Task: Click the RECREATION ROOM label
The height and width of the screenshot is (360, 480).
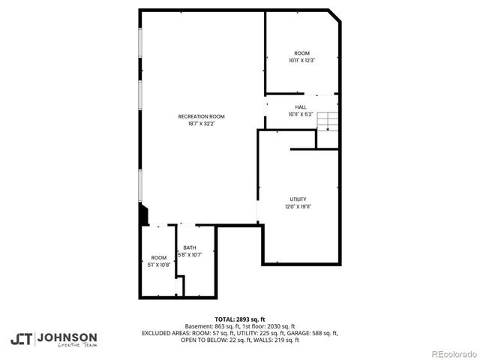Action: [x=201, y=116]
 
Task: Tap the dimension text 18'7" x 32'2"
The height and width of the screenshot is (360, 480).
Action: [x=201, y=124]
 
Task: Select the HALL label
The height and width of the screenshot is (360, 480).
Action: [x=300, y=107]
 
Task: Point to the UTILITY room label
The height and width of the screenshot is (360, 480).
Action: [x=298, y=199]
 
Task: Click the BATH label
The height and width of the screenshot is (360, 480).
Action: [x=190, y=247]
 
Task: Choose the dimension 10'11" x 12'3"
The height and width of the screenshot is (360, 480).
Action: [x=301, y=60]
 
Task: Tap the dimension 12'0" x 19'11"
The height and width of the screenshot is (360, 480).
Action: [x=298, y=206]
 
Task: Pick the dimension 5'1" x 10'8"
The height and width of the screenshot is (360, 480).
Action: [x=159, y=265]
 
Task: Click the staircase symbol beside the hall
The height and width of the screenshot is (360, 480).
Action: [x=327, y=121]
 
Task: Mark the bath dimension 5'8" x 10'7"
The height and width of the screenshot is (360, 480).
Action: [x=190, y=255]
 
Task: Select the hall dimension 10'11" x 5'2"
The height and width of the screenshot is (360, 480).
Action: [x=300, y=115]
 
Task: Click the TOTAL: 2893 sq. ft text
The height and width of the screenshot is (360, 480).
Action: [x=240, y=319]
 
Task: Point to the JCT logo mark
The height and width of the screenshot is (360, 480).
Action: [x=21, y=338]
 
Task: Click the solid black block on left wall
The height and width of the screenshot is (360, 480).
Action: [x=144, y=215]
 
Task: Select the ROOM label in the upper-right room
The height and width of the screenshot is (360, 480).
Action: [x=301, y=52]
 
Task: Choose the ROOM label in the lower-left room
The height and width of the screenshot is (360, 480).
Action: [x=159, y=257]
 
